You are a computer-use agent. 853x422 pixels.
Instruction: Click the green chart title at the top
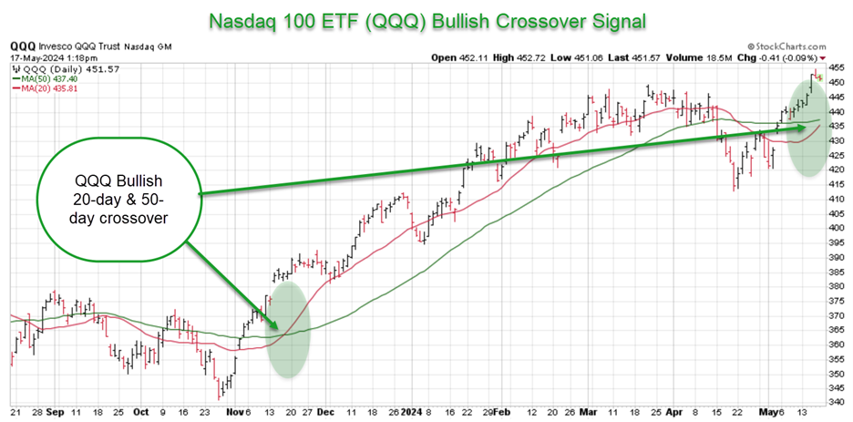(x=426, y=19)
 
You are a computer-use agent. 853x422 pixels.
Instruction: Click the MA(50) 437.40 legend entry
(x=45, y=79)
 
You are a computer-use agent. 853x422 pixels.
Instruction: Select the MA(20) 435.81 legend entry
(x=45, y=89)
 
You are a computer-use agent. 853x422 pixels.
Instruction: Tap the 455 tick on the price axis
(x=836, y=67)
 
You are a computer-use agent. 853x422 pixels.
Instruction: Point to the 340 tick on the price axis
(x=836, y=402)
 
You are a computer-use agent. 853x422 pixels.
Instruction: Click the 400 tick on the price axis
(x=836, y=227)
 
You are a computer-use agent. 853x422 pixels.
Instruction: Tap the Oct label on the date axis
(x=141, y=412)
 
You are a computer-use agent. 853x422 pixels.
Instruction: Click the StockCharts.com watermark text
(x=790, y=45)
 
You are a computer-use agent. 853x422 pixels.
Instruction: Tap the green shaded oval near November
(x=291, y=329)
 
